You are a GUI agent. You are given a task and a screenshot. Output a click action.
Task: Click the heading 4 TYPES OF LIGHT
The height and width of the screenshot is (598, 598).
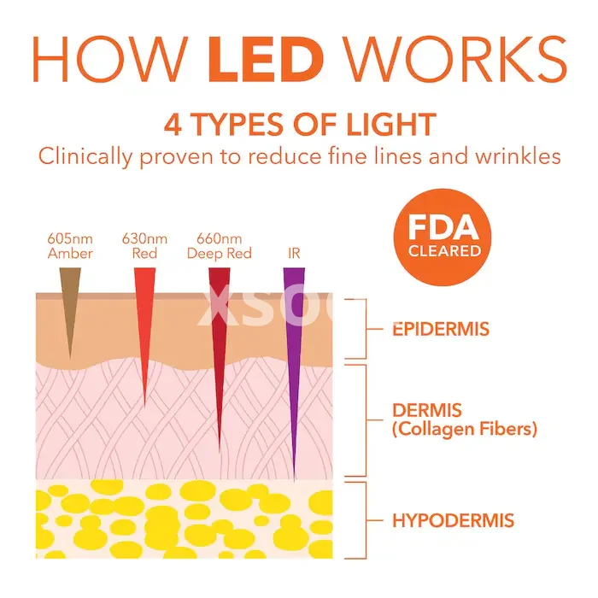299,125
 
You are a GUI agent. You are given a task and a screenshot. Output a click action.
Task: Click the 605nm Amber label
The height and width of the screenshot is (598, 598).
70,246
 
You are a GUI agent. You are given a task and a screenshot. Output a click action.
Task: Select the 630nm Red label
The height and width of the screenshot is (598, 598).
144,246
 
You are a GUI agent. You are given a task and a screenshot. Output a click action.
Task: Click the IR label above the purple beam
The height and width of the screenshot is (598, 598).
294,254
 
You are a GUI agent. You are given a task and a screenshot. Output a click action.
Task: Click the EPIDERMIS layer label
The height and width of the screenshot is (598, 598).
441,329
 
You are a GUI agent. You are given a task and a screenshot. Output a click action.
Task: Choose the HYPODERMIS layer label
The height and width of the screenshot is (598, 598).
453,520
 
